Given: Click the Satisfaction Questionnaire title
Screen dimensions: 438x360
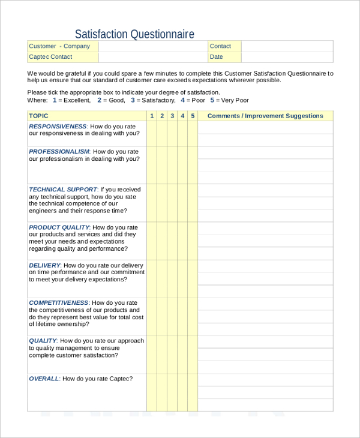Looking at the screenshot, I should (x=134, y=34).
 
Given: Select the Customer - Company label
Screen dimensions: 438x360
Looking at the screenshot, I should (x=59, y=46).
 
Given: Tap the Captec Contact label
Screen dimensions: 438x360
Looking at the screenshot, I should (x=50, y=57).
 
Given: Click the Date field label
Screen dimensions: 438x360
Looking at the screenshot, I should (x=217, y=57).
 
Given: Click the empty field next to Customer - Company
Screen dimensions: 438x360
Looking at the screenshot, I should (x=152, y=46).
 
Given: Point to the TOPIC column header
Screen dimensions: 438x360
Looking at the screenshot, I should (x=39, y=116).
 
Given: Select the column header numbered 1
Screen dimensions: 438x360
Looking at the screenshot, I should (x=152, y=116).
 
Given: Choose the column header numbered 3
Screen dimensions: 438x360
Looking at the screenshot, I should (x=172, y=116).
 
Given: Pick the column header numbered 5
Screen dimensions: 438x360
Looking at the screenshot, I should (x=193, y=116).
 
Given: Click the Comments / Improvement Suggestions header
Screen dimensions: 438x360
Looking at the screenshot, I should (x=265, y=116).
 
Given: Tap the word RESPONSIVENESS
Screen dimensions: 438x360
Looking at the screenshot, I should (x=58, y=127).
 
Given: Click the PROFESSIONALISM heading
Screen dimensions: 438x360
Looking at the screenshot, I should (x=59, y=152).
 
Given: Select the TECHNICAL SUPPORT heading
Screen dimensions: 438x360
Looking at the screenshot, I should (x=63, y=190).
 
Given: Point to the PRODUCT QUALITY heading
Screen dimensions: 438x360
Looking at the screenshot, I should (x=59, y=227).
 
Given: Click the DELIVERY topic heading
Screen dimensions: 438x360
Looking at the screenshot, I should (x=44, y=265).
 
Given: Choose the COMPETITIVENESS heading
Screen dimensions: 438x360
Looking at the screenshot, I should (x=59, y=303).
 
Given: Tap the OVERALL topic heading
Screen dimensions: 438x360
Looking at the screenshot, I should (x=44, y=379).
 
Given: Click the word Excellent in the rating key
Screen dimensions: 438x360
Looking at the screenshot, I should (x=77, y=100).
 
